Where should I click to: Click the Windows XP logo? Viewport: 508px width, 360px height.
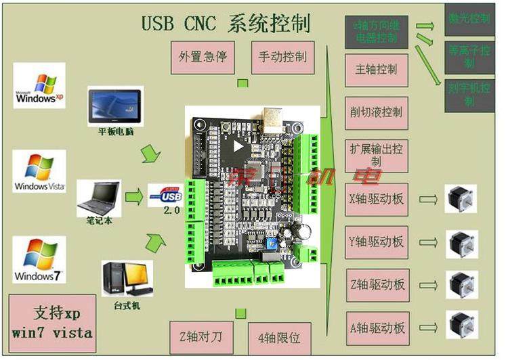pyautogui.click(x=39, y=85)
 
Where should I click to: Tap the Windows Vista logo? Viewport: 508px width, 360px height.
pyautogui.click(x=39, y=171)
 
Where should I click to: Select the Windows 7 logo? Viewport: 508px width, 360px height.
pyautogui.click(x=39, y=259)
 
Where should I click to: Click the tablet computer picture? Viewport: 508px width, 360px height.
pyautogui.click(x=116, y=104)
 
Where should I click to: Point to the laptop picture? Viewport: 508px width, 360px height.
pyautogui.click(x=99, y=196)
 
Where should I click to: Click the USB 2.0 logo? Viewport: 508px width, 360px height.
pyautogui.click(x=165, y=196)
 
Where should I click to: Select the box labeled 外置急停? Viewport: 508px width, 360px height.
pyautogui.click(x=203, y=57)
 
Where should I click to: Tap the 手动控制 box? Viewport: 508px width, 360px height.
pyautogui.click(x=282, y=57)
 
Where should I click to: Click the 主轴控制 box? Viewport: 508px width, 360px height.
pyautogui.click(x=377, y=69)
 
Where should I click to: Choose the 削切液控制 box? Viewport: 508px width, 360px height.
pyautogui.click(x=377, y=112)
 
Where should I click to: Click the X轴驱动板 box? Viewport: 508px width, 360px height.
pyautogui.click(x=377, y=200)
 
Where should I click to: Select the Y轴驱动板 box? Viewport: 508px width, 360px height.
pyautogui.click(x=377, y=242)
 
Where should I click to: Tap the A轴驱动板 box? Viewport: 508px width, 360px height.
pyautogui.click(x=377, y=328)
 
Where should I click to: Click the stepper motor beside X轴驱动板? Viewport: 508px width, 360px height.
pyautogui.click(x=461, y=199)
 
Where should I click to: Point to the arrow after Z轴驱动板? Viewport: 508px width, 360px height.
pyautogui.click(x=428, y=285)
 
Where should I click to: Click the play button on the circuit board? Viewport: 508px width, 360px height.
pyautogui.click(x=236, y=145)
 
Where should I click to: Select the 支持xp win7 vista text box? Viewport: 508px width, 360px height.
pyautogui.click(x=52, y=323)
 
